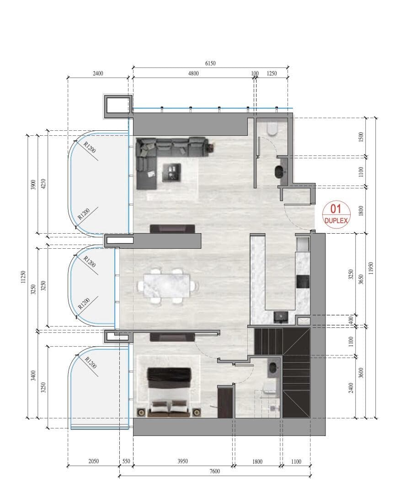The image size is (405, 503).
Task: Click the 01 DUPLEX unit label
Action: [x=336, y=214]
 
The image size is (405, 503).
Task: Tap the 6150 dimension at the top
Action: [x=210, y=64]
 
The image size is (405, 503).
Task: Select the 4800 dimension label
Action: [x=192, y=73]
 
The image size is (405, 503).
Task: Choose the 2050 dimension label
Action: [x=93, y=461]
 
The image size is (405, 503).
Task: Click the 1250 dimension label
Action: [x=272, y=73]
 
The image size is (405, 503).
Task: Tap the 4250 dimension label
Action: [x=42, y=183]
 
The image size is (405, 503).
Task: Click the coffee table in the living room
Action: [x=171, y=172]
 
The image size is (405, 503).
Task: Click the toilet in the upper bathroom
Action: [x=273, y=129]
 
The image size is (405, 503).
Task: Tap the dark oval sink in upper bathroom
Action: [x=279, y=172]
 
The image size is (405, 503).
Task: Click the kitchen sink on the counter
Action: [x=280, y=316]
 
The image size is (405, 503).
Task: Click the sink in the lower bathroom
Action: [x=273, y=367]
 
